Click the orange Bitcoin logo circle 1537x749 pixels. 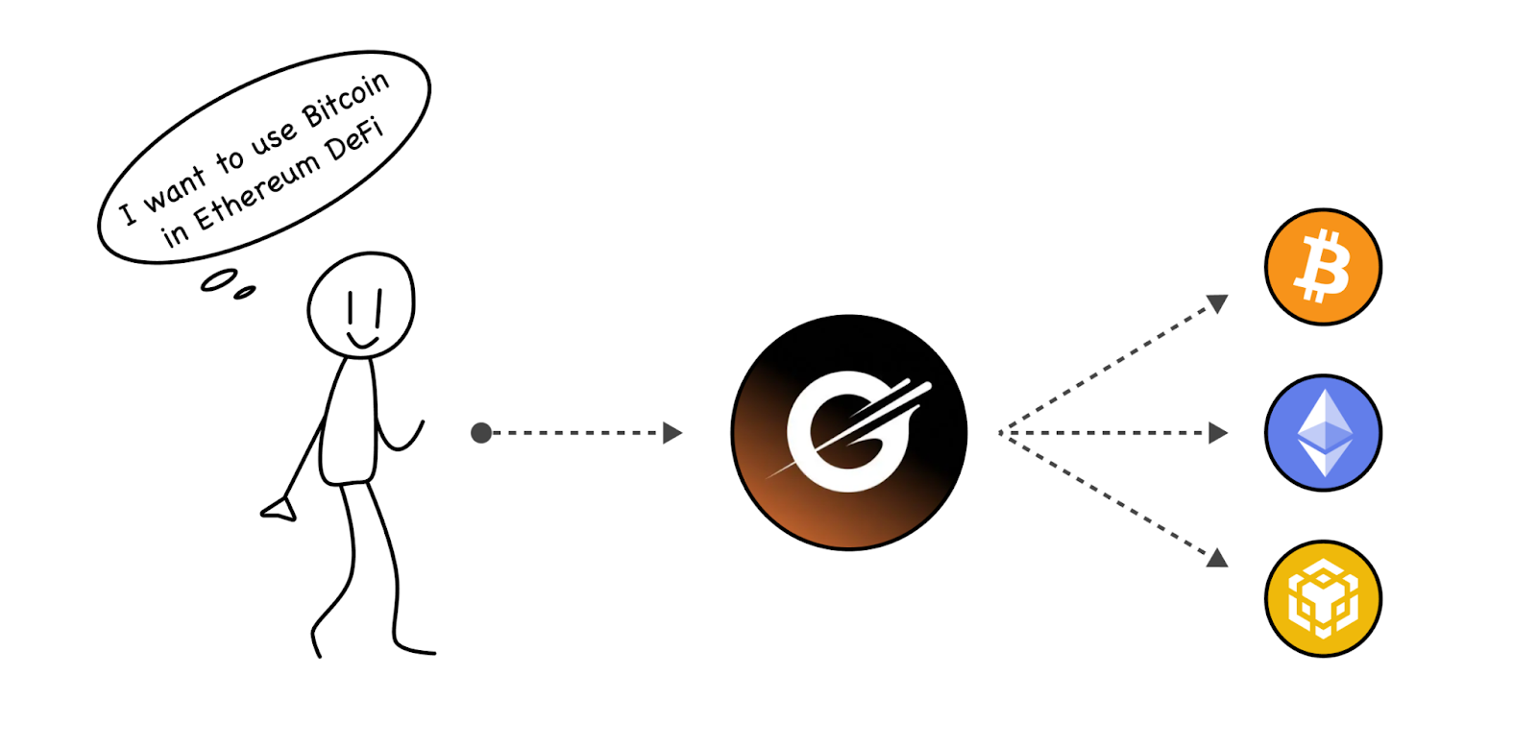point(1323,267)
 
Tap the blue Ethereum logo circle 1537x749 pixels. point(1323,433)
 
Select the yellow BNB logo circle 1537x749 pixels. point(1323,598)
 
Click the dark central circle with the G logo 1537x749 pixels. point(848,432)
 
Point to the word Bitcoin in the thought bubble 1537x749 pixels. point(346,100)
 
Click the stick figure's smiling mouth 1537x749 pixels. point(362,342)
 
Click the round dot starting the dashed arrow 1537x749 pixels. point(481,433)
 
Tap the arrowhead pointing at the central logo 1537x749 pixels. point(672,433)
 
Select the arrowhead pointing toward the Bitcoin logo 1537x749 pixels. point(1217,303)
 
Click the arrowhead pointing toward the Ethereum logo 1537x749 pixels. point(1218,433)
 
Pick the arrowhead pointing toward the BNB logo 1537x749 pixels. point(1217,558)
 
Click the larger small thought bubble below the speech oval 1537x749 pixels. point(219,279)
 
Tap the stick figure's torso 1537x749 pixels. point(350,423)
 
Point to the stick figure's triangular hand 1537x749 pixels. point(280,509)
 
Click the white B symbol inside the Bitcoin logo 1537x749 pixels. point(1323,266)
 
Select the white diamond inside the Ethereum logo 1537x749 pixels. point(1325,432)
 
